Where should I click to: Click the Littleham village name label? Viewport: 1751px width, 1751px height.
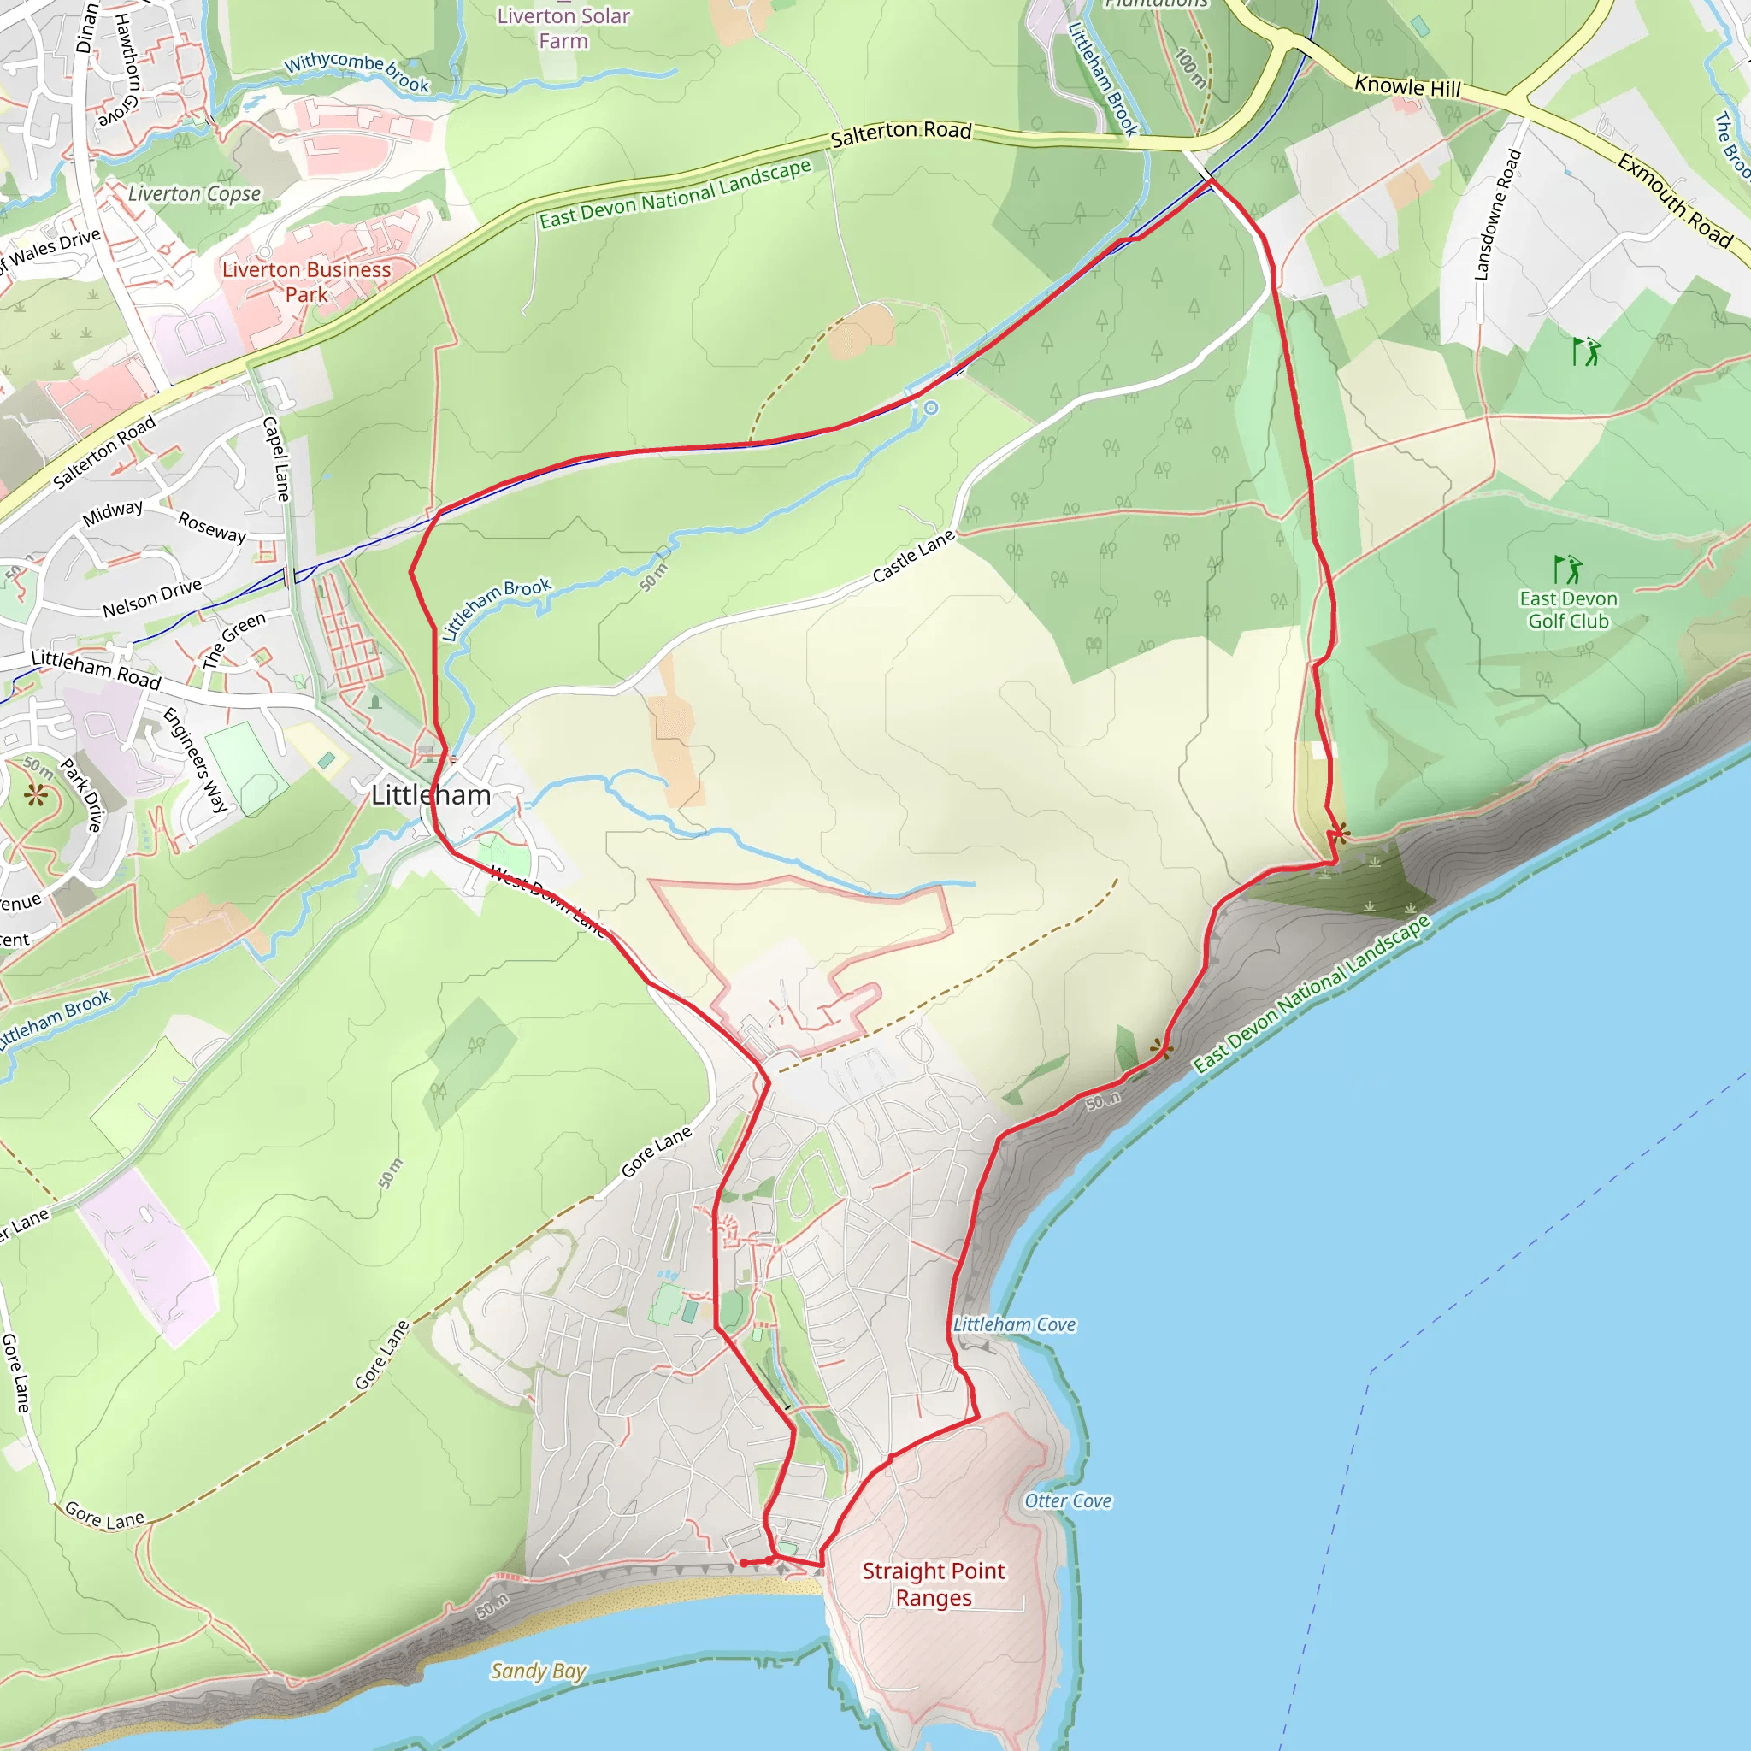[431, 795]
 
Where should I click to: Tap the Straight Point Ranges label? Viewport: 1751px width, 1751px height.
[933, 1583]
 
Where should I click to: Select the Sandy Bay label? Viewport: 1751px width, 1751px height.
[539, 1671]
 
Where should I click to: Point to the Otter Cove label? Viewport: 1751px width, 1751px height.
[1068, 1500]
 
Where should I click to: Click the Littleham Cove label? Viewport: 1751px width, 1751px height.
[1014, 1324]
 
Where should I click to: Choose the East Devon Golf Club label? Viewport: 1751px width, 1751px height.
[1568, 609]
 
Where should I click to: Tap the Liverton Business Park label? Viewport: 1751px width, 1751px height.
[306, 281]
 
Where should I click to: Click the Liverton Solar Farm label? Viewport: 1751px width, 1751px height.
[563, 28]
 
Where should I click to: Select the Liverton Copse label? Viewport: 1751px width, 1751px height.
[194, 194]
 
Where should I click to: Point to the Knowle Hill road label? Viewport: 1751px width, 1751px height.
[1406, 87]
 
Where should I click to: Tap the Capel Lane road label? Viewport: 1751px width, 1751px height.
[276, 458]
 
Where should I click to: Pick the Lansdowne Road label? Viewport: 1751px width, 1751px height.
[1496, 214]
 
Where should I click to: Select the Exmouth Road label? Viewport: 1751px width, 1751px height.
[1675, 200]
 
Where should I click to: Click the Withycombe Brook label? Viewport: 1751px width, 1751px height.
[357, 71]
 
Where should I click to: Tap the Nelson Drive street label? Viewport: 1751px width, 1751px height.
[151, 598]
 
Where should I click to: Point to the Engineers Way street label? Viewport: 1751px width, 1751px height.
[195, 759]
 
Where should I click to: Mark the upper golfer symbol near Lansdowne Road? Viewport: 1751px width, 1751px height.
[1586, 351]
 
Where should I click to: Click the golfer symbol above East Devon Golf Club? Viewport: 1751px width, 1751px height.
[1567, 569]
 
